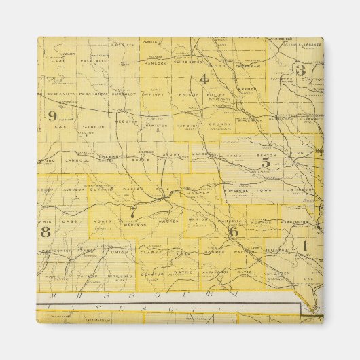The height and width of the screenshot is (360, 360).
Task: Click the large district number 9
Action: tap(52, 115)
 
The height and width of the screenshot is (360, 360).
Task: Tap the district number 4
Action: tap(203, 79)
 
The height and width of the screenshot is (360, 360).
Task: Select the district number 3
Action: tap(300, 70)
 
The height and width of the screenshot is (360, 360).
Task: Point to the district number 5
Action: tap(266, 162)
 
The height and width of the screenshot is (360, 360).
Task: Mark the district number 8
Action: tap(46, 232)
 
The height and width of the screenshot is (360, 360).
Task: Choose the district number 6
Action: tap(234, 231)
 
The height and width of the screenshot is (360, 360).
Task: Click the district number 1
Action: tap(305, 245)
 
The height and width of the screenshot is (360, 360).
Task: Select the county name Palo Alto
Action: tap(91, 60)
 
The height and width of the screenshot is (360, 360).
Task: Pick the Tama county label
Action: tap(234, 155)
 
